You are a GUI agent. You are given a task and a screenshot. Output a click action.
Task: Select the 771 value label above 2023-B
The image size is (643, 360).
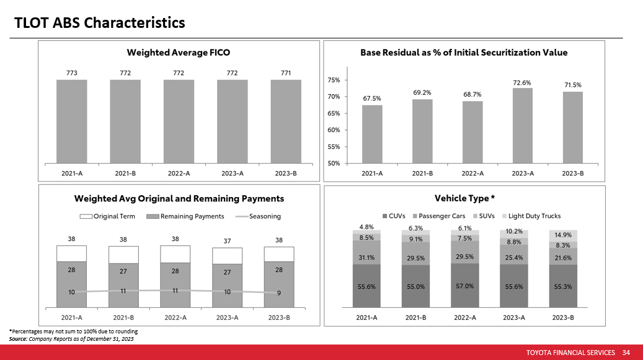pos(286,73)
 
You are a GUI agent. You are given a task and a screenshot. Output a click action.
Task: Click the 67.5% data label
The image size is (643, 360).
pos(372,98)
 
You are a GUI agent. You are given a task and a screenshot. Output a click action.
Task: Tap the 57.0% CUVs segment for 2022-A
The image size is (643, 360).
pos(464,286)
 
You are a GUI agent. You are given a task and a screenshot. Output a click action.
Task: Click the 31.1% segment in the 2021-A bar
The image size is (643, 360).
pos(366,258)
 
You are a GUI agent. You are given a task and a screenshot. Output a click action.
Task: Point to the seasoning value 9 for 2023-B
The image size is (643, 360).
pos(278,294)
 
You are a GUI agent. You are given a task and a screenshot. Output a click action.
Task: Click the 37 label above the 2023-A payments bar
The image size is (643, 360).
pos(228,241)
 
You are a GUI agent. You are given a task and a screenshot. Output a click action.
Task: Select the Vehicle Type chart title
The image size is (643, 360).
pos(464,198)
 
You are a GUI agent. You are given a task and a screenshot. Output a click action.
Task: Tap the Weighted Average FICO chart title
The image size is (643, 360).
pos(179,52)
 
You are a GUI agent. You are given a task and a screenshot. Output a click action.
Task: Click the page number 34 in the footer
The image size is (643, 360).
pos(626,353)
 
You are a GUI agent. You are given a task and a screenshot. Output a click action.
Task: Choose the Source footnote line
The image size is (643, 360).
pos(71,339)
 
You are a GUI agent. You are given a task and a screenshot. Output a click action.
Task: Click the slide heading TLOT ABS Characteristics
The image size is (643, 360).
pos(100,23)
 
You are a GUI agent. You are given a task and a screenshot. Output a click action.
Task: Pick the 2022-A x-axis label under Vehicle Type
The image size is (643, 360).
pos(464,317)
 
